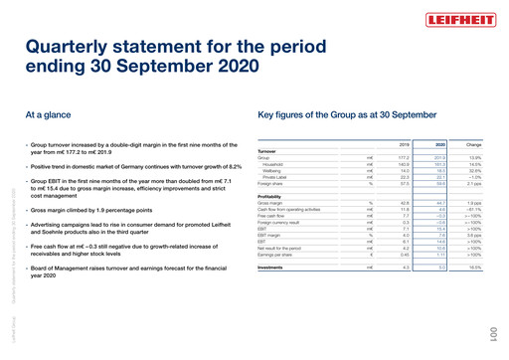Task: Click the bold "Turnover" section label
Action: tap(270, 151)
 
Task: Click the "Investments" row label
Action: tap(273, 268)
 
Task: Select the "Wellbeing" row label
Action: tap(276, 170)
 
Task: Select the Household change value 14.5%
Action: tap(474, 164)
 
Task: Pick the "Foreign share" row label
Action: tap(273, 183)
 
